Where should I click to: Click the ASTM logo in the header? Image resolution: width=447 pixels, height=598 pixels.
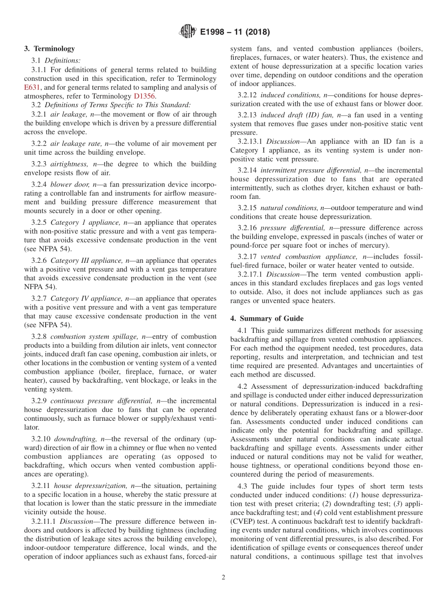click(x=187, y=32)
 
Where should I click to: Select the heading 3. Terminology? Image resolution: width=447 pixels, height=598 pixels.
click(x=49, y=48)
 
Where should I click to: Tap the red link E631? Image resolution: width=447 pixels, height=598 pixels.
click(x=32, y=87)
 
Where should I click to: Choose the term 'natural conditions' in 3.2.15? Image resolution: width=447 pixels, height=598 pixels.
click(x=289, y=208)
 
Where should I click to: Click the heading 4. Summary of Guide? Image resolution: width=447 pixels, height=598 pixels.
click(x=267, y=318)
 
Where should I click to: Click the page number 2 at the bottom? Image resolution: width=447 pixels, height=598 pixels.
click(x=223, y=577)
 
